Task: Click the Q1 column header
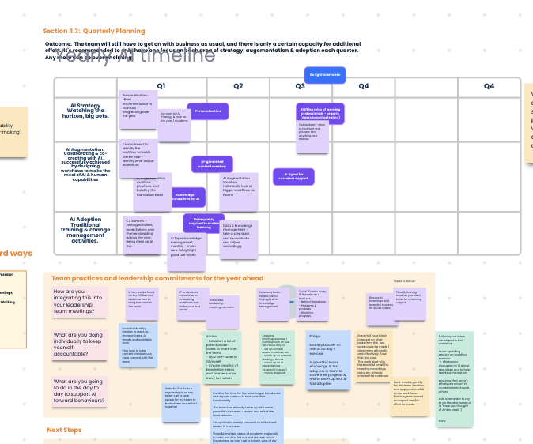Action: pos(161,85)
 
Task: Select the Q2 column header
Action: pos(236,85)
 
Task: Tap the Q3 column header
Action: pos(301,85)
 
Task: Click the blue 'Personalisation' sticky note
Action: pos(208,111)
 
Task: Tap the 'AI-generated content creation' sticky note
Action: pos(211,164)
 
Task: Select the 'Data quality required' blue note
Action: pos(203,223)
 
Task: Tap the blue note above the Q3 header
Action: pos(325,75)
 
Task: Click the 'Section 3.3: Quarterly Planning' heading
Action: pos(94,31)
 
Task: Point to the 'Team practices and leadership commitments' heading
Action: pos(157,278)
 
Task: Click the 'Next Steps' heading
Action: pos(64,430)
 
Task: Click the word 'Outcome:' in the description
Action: pos(59,43)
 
